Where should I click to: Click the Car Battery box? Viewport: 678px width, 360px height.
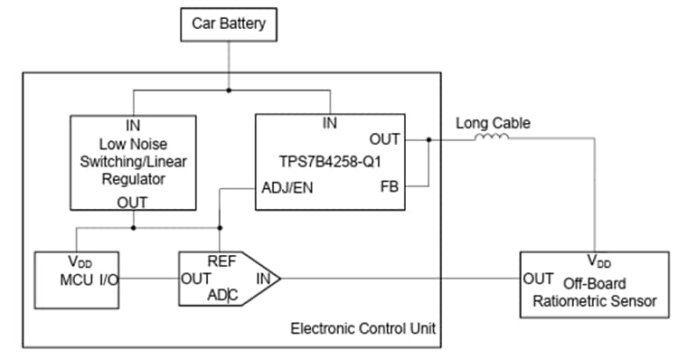coord(229,24)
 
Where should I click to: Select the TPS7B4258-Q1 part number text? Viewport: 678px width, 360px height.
coord(330,163)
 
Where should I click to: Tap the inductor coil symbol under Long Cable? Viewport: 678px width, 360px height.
coord(492,138)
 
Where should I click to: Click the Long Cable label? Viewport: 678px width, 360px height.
coord(493,122)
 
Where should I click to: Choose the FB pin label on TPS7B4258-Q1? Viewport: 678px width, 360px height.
coord(389,186)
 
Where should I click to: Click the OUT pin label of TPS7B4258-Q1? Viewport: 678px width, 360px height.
coord(384,139)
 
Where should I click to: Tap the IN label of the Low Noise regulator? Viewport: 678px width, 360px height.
coord(133,127)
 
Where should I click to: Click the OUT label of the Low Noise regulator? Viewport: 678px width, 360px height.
coord(133,204)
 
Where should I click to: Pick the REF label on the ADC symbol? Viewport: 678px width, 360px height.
coord(221,261)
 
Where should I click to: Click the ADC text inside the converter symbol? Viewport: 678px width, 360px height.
coord(223,296)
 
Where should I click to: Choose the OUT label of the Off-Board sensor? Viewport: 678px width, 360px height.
coord(539,279)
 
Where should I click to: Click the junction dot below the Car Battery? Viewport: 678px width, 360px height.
coord(229,90)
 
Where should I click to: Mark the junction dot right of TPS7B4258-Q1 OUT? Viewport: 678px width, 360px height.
coord(428,139)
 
